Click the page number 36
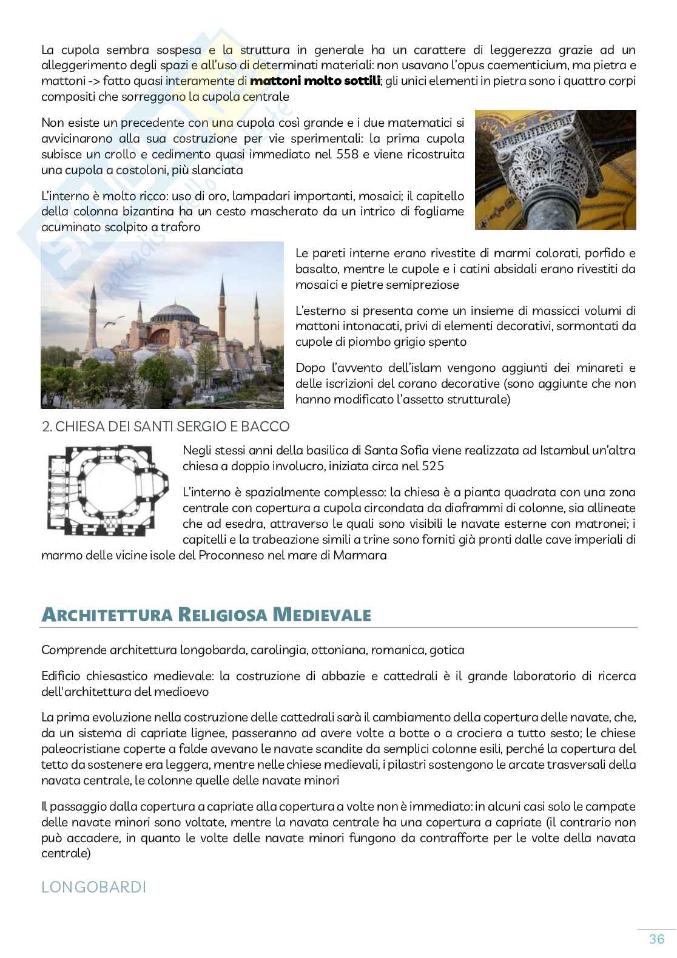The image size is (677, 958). pyautogui.click(x=656, y=939)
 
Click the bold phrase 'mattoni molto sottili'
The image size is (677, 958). pyautogui.click(x=315, y=81)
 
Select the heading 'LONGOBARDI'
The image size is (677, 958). pyautogui.click(x=93, y=887)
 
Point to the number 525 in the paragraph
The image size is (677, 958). pyautogui.click(x=431, y=466)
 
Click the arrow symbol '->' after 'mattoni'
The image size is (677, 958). pyautogui.click(x=92, y=81)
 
